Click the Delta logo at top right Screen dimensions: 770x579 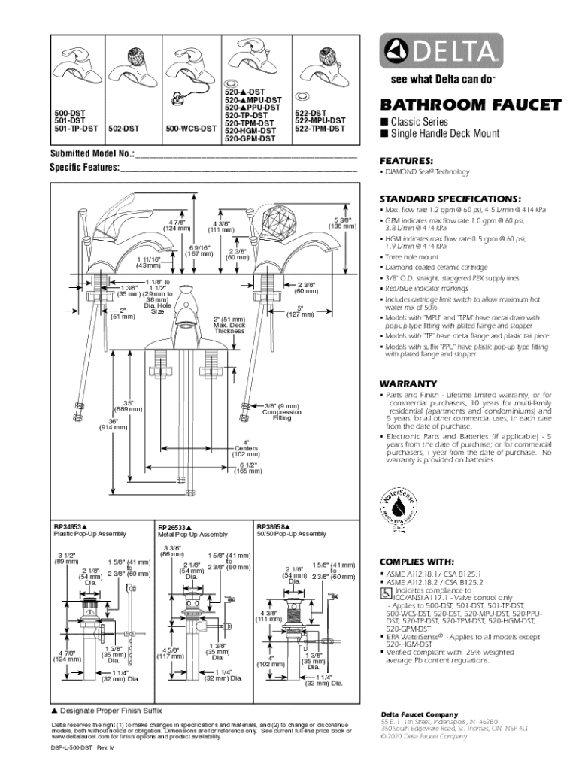441,53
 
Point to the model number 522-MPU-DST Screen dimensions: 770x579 320,120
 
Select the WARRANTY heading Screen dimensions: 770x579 408,383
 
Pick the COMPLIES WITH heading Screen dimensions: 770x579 417,561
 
